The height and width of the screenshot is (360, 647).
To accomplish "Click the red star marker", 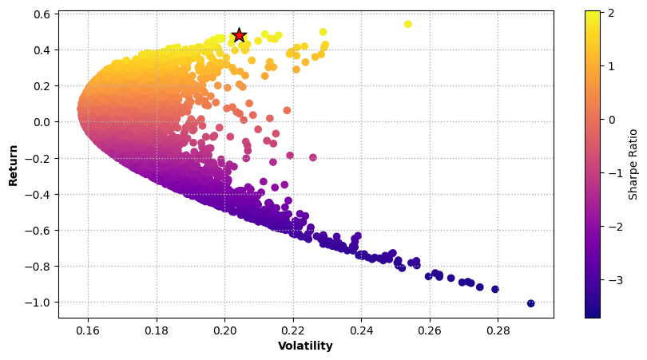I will [x=239, y=34].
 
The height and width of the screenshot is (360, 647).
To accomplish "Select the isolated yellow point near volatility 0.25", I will [x=408, y=24].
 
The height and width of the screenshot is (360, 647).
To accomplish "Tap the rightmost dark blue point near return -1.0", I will [x=531, y=303].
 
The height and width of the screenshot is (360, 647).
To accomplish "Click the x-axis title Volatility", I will [x=305, y=346].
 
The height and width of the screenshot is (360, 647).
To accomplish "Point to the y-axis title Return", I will [x=14, y=164].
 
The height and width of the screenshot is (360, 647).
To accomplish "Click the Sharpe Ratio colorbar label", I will [x=633, y=164].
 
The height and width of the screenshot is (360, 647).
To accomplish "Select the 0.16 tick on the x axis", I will [x=88, y=329].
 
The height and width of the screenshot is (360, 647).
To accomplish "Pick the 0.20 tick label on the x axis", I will [x=224, y=329].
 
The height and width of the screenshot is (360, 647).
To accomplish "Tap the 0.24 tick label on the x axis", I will [x=362, y=329].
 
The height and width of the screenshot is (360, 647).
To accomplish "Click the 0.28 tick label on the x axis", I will [x=498, y=329].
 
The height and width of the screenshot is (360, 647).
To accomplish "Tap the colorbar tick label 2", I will [x=610, y=13].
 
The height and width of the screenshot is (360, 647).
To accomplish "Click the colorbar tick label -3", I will [x=613, y=280].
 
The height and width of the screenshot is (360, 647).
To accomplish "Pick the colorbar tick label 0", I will [x=610, y=120].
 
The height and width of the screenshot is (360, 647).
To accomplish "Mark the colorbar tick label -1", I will [x=613, y=173].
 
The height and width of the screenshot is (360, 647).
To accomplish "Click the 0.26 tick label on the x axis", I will [x=430, y=329].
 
